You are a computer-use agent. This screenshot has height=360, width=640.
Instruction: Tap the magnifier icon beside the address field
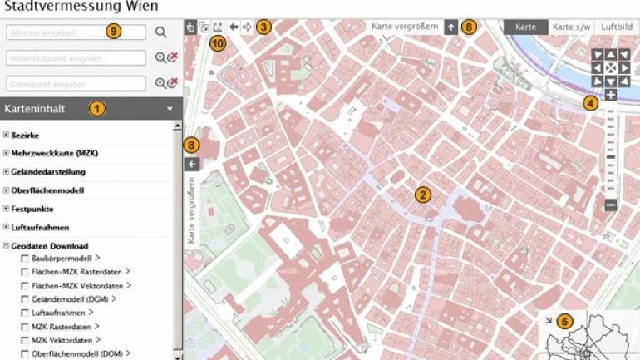[160, 32]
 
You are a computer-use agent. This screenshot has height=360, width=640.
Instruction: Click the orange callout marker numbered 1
[97, 108]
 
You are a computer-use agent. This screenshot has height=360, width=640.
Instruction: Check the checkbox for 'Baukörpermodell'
[24, 259]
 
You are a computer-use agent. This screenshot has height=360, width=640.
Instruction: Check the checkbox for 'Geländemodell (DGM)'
[24, 299]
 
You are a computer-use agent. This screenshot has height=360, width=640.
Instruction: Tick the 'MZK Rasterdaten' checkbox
[24, 326]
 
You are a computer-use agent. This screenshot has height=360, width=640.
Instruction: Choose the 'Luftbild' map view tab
[616, 27]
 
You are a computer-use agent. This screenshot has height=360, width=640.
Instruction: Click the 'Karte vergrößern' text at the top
[405, 27]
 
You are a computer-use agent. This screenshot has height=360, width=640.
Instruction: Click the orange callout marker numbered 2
[422, 195]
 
